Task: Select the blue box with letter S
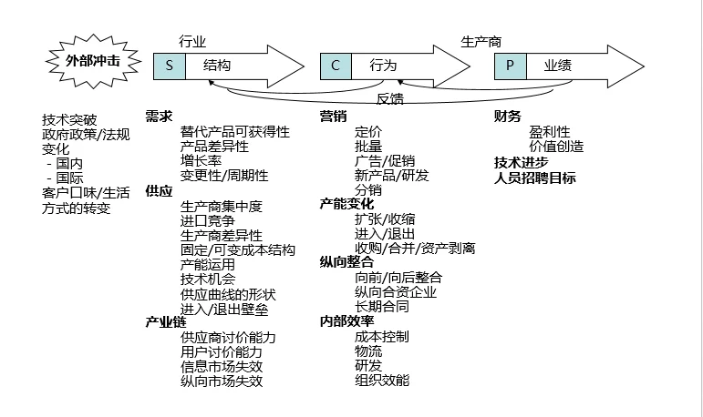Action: [x=169, y=66]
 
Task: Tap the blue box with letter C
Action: [x=336, y=66]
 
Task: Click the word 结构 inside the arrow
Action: [x=217, y=66]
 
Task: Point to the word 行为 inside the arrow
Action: [x=383, y=66]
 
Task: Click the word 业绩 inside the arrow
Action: [x=558, y=66]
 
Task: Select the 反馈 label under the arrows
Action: [x=390, y=98]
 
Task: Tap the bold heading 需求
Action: [x=159, y=117]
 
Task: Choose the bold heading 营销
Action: [x=333, y=117]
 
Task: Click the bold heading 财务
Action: [x=508, y=117]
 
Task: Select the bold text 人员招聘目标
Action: [x=535, y=178]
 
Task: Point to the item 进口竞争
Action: [x=208, y=220]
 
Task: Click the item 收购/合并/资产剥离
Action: [x=415, y=248]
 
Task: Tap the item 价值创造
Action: [x=556, y=146]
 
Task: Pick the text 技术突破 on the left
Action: [x=68, y=119]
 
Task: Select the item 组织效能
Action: [x=382, y=379]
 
